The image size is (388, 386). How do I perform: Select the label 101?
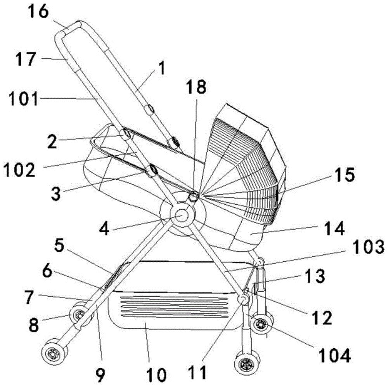pyautogui.click(x=24, y=99)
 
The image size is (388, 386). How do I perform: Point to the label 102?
pyautogui.click(x=19, y=170)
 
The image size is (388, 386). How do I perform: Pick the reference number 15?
pyautogui.click(x=345, y=174)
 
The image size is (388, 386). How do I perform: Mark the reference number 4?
pyautogui.click(x=104, y=229)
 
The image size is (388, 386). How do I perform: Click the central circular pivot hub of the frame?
pyautogui.click(x=182, y=214)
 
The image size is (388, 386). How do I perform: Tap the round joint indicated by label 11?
pyautogui.click(x=243, y=299)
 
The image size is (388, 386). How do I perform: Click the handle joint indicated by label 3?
pyautogui.click(x=151, y=171)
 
